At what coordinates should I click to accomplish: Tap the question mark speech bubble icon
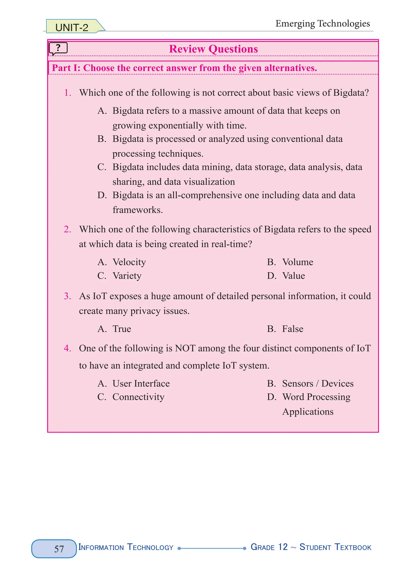58,48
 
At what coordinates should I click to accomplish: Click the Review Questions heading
213,49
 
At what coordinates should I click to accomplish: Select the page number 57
59,549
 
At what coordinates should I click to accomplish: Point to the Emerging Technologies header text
322,24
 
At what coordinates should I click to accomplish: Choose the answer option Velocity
129,262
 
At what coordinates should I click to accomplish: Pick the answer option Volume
297,262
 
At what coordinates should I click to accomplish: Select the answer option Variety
127,276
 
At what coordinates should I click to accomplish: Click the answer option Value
293,276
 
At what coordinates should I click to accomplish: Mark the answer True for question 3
122,329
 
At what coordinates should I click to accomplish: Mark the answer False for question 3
292,329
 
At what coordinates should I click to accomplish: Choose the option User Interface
141,383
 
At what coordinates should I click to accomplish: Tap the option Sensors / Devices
318,383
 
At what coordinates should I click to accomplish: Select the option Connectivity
138,397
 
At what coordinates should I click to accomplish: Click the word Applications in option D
307,412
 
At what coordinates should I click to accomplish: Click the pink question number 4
67,348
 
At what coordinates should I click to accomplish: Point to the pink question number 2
67,229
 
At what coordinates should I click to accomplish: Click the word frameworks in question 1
138,210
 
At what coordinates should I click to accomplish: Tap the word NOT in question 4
185,348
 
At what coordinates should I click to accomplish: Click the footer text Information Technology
126,547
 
